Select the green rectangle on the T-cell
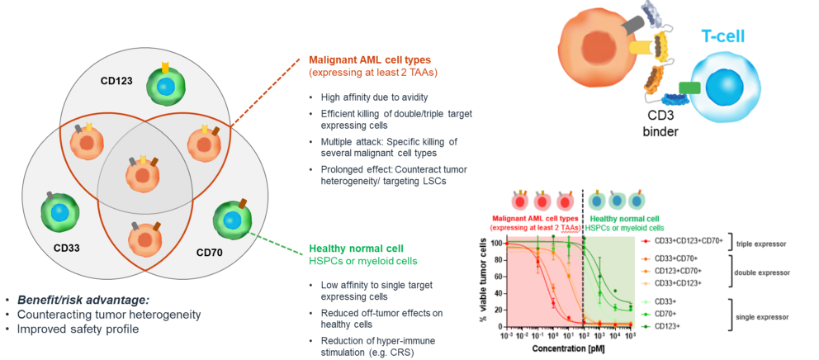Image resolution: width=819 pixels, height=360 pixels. [690, 87]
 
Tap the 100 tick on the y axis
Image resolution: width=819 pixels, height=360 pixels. [497, 244]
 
